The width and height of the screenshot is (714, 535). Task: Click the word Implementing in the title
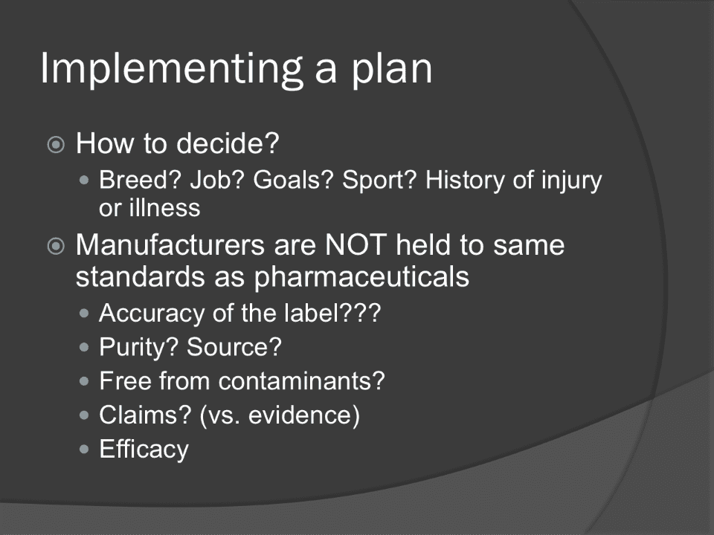click(x=172, y=68)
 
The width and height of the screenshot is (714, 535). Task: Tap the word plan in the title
click(x=391, y=68)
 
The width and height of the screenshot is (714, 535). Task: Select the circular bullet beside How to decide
click(x=56, y=145)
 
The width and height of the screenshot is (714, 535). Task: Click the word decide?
click(x=228, y=143)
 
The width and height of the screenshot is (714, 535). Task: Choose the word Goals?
click(x=293, y=180)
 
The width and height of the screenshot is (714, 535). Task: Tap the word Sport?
click(x=379, y=181)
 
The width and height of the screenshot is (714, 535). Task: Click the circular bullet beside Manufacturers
click(x=56, y=246)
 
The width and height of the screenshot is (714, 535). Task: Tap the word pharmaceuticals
click(x=361, y=277)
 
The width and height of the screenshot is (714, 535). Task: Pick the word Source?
click(x=234, y=347)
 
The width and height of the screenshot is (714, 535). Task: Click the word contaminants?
click(x=301, y=380)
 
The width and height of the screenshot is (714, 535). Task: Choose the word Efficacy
click(x=144, y=450)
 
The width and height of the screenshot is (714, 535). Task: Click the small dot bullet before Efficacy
click(x=84, y=450)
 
